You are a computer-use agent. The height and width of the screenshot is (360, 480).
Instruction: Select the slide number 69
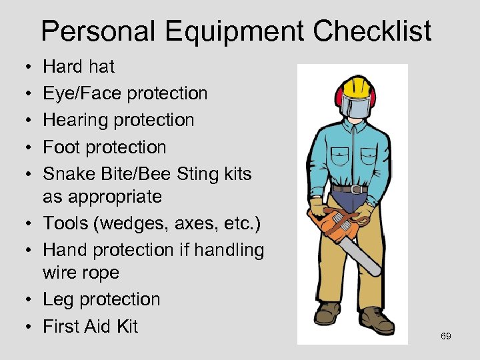(x=446, y=337)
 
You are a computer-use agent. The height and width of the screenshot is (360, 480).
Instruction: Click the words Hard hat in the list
(x=79, y=67)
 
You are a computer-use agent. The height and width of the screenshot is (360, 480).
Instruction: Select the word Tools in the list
(x=67, y=223)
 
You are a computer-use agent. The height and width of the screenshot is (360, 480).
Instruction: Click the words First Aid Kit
(x=90, y=326)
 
